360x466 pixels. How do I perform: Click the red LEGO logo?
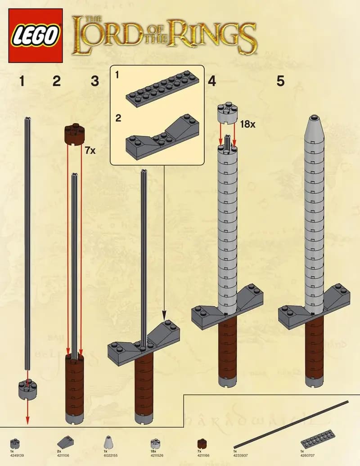tap(36, 36)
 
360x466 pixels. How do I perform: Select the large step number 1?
tap(22, 81)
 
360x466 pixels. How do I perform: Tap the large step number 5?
tap(281, 81)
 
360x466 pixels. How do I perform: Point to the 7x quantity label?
tap(90, 150)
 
